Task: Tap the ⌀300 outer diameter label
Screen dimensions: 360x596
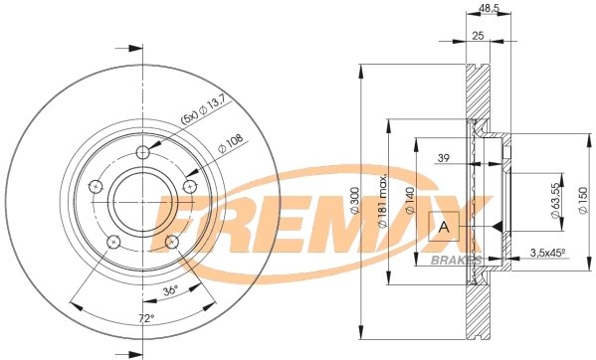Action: pyautogui.click(x=355, y=205)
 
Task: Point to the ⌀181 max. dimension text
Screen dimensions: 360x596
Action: pyautogui.click(x=382, y=206)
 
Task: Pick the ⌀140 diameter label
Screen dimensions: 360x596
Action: pyautogui.click(x=409, y=206)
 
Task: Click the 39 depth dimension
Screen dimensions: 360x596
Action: pyautogui.click(x=444, y=157)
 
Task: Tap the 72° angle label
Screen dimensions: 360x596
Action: pyautogui.click(x=145, y=318)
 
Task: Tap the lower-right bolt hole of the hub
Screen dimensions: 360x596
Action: pyautogui.click(x=173, y=242)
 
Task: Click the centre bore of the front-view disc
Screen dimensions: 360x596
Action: pyautogui.click(x=142, y=203)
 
